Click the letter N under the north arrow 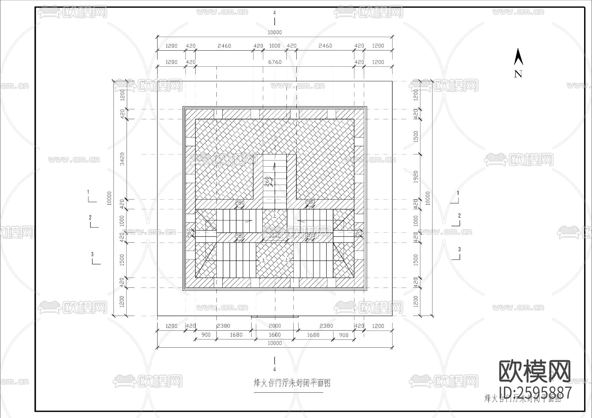pyautogui.click(x=518, y=74)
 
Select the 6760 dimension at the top pyautogui.click(x=275, y=62)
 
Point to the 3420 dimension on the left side pyautogui.click(x=122, y=159)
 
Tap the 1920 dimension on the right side pyautogui.click(x=416, y=177)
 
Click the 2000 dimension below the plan pyautogui.click(x=275, y=326)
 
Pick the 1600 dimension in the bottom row pyautogui.click(x=275, y=335)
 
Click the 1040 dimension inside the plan pyautogui.click(x=275, y=236)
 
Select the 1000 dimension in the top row pyautogui.click(x=275, y=46)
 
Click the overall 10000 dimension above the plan pyautogui.click(x=275, y=32)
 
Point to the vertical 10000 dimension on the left pyautogui.click(x=110, y=198)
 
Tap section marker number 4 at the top pyautogui.click(x=275, y=13)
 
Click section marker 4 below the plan pyautogui.click(x=275, y=369)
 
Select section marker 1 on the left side pyautogui.click(x=88, y=192)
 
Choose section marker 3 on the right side pyautogui.click(x=459, y=249)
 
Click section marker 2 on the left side pyautogui.click(x=90, y=218)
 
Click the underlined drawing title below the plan pyautogui.click(x=292, y=383)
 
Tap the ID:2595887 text pyautogui.click(x=535, y=393)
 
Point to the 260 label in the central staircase pyautogui.click(x=267, y=181)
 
